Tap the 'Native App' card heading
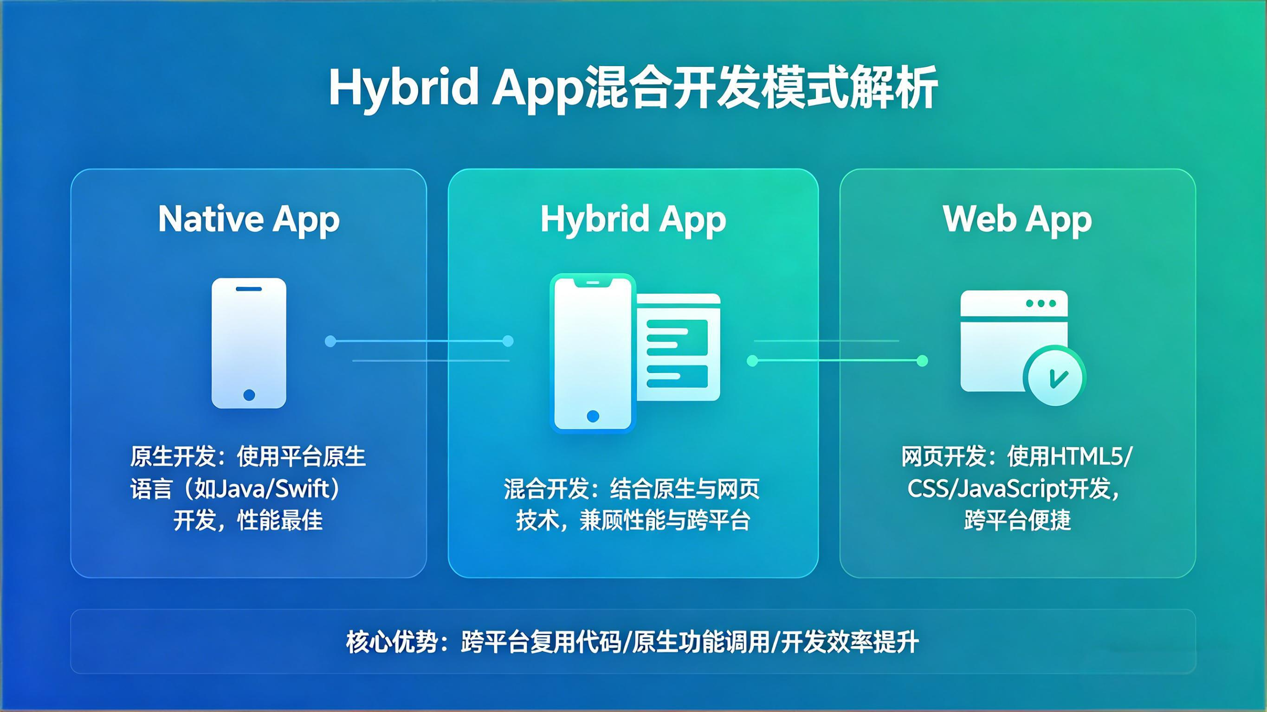click(x=249, y=219)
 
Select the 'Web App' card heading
click(x=1017, y=219)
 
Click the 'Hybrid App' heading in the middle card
click(x=633, y=219)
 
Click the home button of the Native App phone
click(x=249, y=395)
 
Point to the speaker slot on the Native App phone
click(x=249, y=289)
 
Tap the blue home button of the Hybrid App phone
click(x=593, y=416)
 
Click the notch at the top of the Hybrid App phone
click(x=593, y=283)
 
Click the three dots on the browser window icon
click(x=1041, y=303)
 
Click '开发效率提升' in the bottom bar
click(x=849, y=642)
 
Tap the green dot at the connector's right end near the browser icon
click(x=923, y=361)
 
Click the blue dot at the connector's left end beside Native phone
click(x=330, y=341)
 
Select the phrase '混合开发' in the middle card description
click(x=546, y=489)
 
